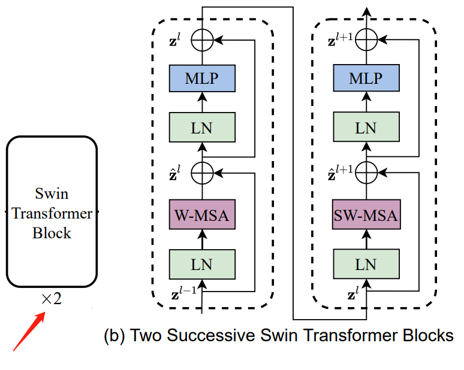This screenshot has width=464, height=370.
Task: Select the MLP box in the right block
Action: [365, 79]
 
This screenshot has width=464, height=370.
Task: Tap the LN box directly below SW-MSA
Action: [365, 264]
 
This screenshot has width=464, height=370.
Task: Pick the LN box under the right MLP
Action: [365, 127]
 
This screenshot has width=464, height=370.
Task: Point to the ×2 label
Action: [52, 298]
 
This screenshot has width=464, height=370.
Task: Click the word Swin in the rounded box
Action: [52, 194]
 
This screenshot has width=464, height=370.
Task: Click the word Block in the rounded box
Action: [52, 232]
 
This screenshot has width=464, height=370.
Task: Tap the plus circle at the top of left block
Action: [202, 41]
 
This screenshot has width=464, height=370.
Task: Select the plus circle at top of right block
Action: [366, 41]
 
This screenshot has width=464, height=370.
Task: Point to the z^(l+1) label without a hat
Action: [341, 41]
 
